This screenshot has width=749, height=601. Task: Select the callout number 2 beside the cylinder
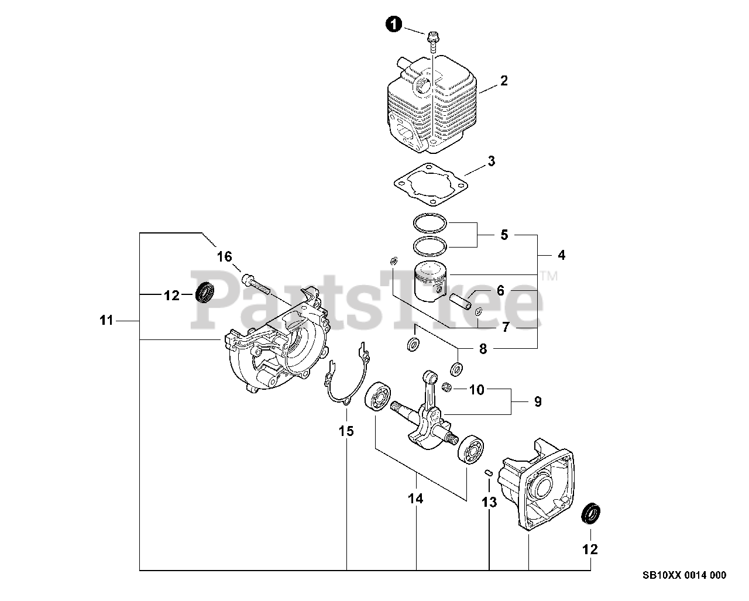point(504,81)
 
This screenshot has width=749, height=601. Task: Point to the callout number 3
point(492,161)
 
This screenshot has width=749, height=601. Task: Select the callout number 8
point(483,349)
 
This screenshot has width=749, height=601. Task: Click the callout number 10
point(477,389)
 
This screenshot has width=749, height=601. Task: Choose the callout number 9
point(537,402)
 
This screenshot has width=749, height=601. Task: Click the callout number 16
point(225,256)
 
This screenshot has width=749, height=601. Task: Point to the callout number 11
point(106,321)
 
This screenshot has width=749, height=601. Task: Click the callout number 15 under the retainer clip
point(346,431)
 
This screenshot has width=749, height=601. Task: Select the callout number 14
point(416,499)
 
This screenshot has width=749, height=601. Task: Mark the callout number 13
point(489,502)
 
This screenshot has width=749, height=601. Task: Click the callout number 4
point(562,255)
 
